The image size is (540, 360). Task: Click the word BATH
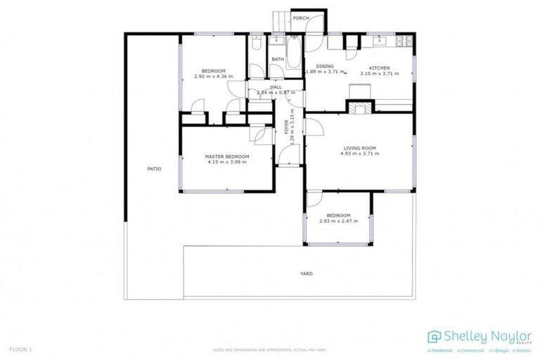[x=278, y=59]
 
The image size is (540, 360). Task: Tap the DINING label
[x=325, y=66]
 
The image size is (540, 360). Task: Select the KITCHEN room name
[x=379, y=67]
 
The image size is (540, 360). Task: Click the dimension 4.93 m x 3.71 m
[x=361, y=153]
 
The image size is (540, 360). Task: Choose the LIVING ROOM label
[x=360, y=148]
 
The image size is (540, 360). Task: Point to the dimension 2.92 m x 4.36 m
[x=213, y=76]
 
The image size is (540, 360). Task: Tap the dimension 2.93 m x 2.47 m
[x=338, y=221]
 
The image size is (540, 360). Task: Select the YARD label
[x=306, y=274]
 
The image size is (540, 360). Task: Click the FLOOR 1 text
[x=20, y=349]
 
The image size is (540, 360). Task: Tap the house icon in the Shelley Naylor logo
[x=434, y=336]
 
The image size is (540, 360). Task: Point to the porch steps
[x=279, y=20]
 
